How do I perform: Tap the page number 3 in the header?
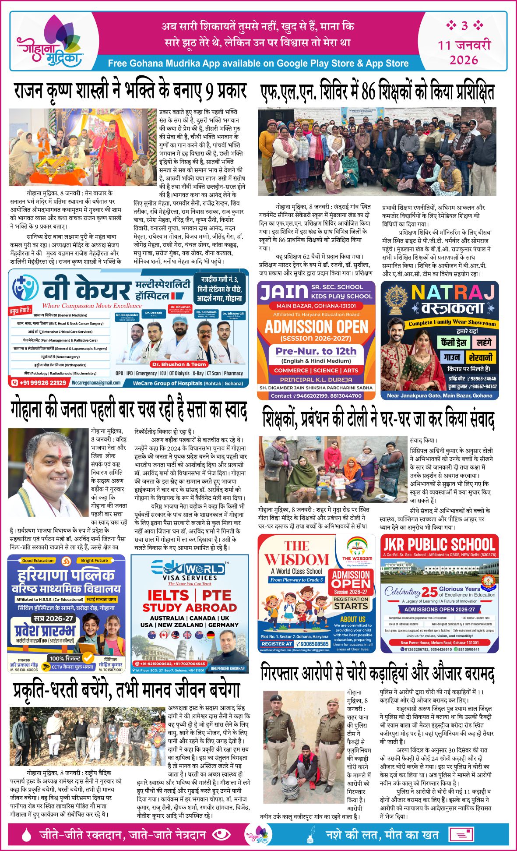pos(464,26)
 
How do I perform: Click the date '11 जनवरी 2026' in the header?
pos(464,52)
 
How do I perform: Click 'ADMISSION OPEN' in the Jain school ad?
pos(316,327)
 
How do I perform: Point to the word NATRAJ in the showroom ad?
pos(453,292)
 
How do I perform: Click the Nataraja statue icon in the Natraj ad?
pos(396,298)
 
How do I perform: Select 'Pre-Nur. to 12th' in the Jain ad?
pos(316,351)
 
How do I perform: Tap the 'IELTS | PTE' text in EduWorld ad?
pos(189,596)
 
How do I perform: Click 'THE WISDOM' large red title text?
pos(296,553)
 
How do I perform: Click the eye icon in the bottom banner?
pos(221,834)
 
